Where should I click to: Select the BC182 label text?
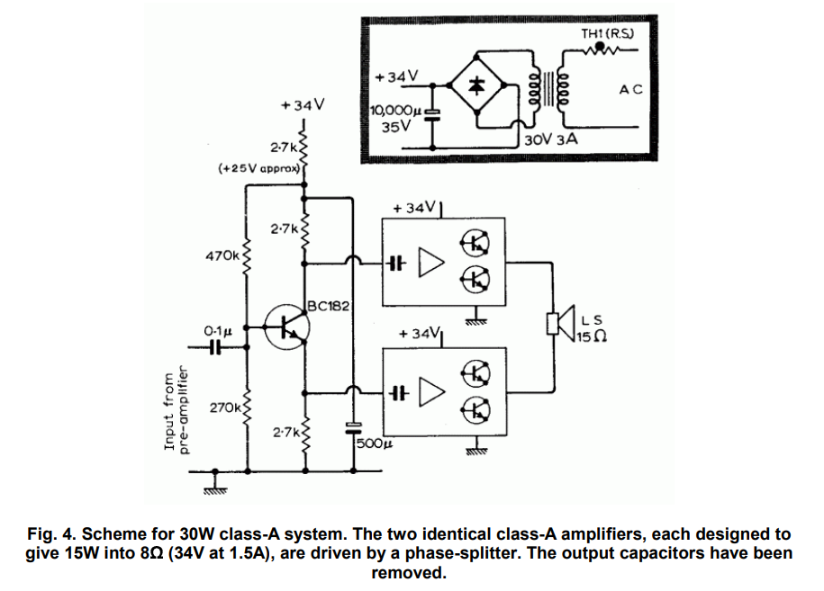pos(329,306)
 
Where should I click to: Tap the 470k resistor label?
pos(222,255)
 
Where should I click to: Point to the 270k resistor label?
pos(225,408)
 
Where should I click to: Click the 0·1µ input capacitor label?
pos(218,330)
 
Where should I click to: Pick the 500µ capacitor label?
pos(373,444)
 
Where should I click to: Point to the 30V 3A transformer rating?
pos(551,140)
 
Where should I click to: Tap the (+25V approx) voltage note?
pos(259,168)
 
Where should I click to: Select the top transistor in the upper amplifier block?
pos(476,242)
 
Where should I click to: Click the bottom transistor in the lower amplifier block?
pos(476,409)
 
